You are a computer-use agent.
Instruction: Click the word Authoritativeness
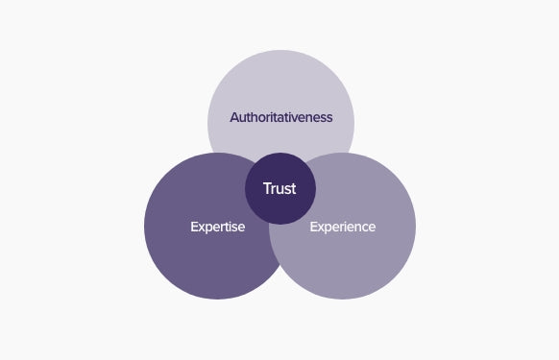click(280, 117)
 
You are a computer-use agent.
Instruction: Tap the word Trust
click(279, 188)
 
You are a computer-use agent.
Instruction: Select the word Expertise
click(217, 228)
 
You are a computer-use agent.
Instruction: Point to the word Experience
click(342, 228)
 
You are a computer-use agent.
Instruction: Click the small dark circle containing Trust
click(279, 202)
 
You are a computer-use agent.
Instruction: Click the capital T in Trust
click(267, 188)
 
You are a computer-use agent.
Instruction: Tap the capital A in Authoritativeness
click(233, 117)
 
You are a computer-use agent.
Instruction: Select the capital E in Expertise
click(193, 228)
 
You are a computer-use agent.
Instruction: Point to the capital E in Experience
click(313, 228)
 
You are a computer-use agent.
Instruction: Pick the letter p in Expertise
click(207, 228)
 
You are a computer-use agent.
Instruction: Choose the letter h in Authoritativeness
click(255, 117)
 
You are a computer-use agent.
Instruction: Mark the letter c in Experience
click(363, 228)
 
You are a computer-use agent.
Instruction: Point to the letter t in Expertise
click(226, 228)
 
